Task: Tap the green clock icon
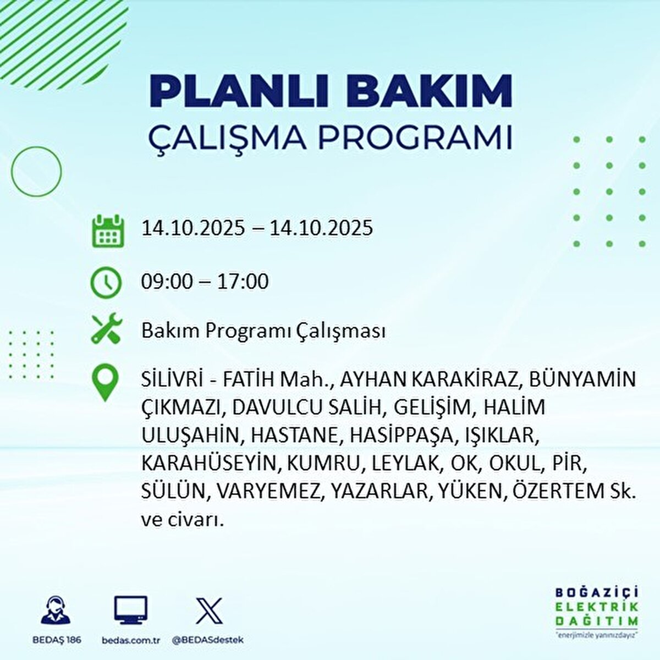click(106, 282)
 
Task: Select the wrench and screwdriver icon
click(106, 330)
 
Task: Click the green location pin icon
click(105, 384)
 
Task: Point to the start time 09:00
click(167, 282)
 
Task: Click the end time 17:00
click(243, 282)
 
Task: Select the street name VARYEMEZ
click(268, 491)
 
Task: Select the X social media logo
click(209, 610)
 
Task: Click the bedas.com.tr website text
click(131, 640)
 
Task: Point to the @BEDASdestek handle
click(208, 640)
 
